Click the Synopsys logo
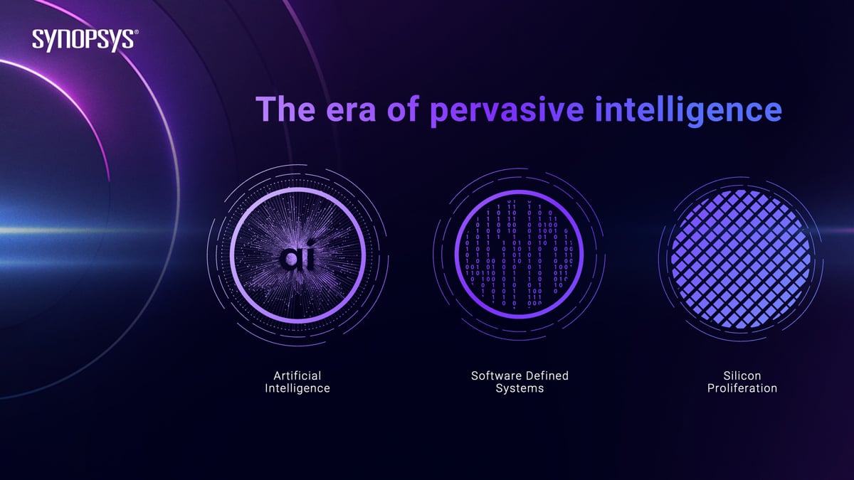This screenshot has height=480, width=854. (85, 40)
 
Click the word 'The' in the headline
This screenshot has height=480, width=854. (286, 109)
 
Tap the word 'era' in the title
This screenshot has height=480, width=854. (351, 112)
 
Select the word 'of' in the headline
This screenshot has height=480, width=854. (404, 109)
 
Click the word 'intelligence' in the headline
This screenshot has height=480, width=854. (689, 111)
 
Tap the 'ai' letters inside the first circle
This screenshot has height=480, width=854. (297, 256)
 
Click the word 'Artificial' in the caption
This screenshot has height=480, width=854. (297, 375)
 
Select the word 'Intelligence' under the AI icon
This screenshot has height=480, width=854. (297, 388)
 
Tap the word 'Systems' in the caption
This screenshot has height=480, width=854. (520, 389)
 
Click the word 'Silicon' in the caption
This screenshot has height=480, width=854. (742, 375)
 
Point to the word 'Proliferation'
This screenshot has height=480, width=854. (742, 388)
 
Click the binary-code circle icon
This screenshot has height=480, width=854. (519, 255)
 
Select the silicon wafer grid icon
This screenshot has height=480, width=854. (741, 259)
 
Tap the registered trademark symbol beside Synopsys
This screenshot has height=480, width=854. (136, 33)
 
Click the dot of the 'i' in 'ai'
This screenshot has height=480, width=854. (312, 242)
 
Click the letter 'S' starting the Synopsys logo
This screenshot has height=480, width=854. (38, 39)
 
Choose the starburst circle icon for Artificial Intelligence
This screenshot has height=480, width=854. (297, 255)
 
